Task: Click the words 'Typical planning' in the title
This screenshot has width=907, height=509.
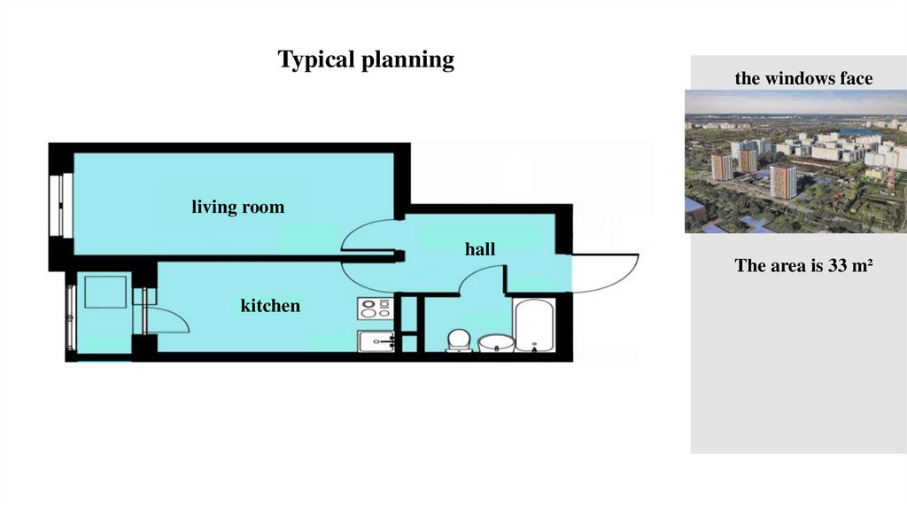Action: tap(366, 59)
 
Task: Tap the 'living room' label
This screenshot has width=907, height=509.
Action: tap(238, 208)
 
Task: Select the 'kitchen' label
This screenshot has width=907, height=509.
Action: tap(270, 306)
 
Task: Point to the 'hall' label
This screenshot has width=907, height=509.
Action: tap(480, 249)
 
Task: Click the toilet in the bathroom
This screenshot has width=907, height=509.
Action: tap(458, 340)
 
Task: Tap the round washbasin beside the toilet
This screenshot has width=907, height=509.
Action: tap(495, 342)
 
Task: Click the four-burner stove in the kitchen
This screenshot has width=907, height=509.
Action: tap(375, 309)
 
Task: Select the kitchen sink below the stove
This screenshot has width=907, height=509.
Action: tap(376, 341)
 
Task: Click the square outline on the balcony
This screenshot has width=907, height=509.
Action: tap(105, 292)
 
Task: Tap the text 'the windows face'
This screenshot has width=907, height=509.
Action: tap(803, 79)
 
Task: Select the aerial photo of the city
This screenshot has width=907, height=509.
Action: tap(795, 161)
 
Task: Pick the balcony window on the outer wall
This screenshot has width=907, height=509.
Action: tap(69, 317)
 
